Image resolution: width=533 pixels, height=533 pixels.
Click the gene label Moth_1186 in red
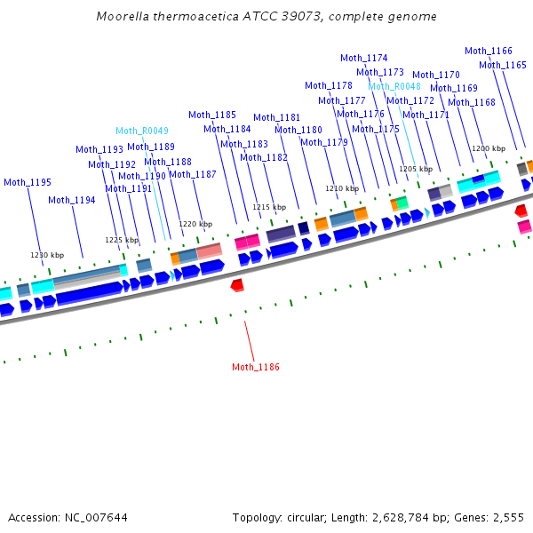coord(256,367)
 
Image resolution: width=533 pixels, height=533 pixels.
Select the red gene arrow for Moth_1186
coord(237,285)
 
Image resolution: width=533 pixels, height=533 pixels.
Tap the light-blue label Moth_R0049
coord(142,131)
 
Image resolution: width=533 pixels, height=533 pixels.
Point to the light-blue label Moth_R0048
coord(395,86)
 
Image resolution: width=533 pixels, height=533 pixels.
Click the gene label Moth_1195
coord(28,182)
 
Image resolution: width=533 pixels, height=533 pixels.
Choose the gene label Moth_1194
coord(72,200)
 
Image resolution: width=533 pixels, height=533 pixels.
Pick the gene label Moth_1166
coord(489,51)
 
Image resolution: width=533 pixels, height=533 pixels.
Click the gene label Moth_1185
coord(212,115)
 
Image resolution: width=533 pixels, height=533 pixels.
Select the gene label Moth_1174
coord(364,58)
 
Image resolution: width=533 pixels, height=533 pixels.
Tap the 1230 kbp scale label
coord(48,255)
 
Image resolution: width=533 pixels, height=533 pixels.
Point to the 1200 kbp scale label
coord(489,148)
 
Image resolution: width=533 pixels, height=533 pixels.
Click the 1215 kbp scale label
coord(269,207)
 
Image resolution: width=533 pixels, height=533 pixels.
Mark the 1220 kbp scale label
coord(196,224)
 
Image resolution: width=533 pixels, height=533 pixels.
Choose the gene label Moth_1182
coord(264,157)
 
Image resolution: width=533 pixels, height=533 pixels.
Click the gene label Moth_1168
coord(472,102)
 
